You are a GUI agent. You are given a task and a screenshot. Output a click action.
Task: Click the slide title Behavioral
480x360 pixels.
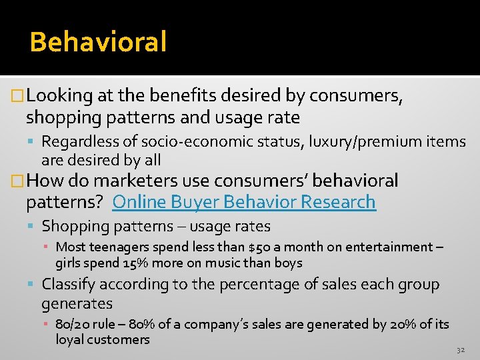coord(98,42)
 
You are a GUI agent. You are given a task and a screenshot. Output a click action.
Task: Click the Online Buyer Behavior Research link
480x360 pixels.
coord(244,201)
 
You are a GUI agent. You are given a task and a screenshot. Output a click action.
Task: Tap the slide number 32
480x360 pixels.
coord(461,350)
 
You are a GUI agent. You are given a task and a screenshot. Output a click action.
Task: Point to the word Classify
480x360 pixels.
coord(69,285)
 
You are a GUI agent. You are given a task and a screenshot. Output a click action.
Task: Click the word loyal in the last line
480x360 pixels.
coord(71,340)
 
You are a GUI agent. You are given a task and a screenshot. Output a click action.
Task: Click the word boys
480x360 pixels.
coord(289,263)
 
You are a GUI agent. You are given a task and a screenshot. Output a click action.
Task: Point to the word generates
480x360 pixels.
coord(77,304)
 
